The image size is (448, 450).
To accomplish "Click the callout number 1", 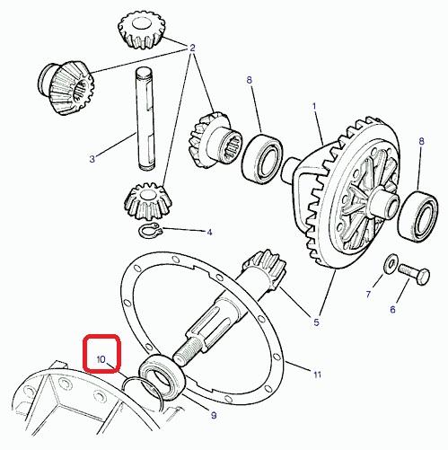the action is click(314, 106).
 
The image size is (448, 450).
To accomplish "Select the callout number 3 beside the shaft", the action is click(92, 159).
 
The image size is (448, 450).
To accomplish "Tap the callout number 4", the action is click(209, 232).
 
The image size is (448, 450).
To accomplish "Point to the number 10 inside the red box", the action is click(101, 359).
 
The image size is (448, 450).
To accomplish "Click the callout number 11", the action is click(317, 375).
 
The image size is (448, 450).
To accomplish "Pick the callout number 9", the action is click(214, 415).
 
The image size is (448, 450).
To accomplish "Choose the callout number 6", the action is click(392, 309).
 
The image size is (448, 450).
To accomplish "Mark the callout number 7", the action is click(368, 295).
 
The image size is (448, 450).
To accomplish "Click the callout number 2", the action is click(192, 48).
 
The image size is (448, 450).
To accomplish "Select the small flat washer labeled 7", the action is click(390, 263).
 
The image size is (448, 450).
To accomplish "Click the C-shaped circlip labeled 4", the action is click(150, 230).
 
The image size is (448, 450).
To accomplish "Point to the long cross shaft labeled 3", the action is click(145, 119).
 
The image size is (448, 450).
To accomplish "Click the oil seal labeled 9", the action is click(162, 377).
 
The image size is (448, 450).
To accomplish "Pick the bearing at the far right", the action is click(418, 216).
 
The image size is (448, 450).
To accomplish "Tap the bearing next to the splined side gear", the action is click(262, 158).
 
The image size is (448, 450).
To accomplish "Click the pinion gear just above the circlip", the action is click(148, 203).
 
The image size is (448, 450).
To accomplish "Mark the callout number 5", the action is click(316, 322).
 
